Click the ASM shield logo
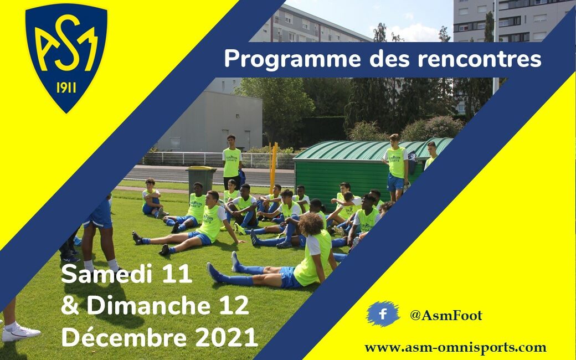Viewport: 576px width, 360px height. (66, 57)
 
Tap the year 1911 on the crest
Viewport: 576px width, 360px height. (66, 88)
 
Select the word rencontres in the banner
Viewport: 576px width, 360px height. (480, 59)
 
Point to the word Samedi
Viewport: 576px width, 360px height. (106, 273)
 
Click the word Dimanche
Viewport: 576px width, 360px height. (148, 305)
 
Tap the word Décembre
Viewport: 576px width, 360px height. (124, 337)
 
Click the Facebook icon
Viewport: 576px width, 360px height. (383, 314)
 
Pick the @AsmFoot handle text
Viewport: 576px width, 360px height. (446, 315)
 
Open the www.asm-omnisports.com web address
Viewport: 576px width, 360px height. (455, 347)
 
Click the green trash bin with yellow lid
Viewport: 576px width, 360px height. (201, 181)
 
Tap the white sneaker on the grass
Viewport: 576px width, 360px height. (20, 332)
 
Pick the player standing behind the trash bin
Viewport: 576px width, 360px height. (232, 162)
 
